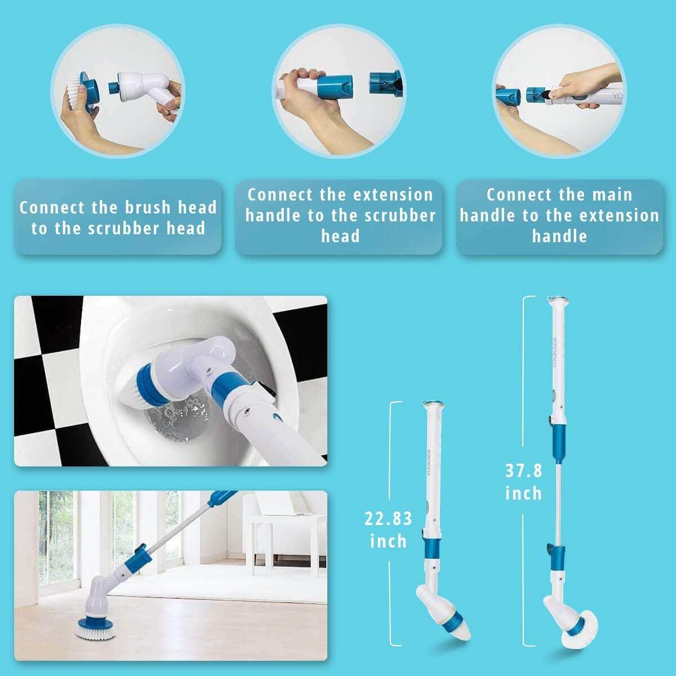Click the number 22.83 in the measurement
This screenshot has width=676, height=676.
pyautogui.click(x=388, y=518)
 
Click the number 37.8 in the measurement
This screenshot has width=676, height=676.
pyautogui.click(x=523, y=470)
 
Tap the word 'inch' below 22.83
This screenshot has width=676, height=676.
pyautogui.click(x=388, y=541)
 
